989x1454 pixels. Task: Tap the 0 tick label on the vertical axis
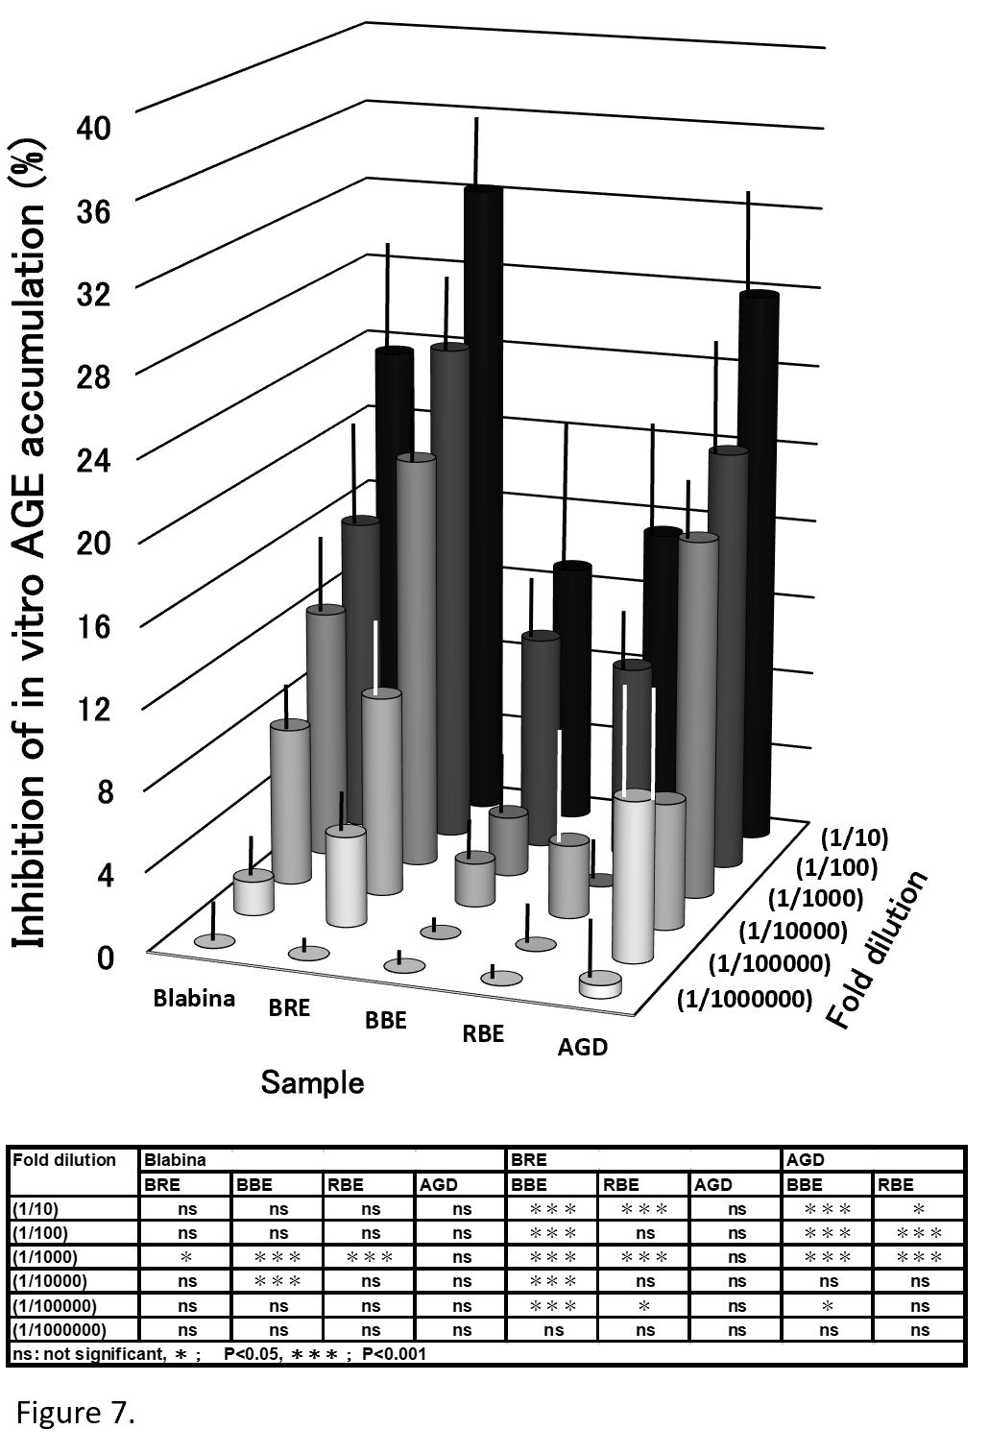click(104, 957)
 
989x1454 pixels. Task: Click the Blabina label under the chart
click(194, 998)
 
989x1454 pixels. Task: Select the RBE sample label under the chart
click(483, 1033)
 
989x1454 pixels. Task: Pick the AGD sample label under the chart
click(583, 1047)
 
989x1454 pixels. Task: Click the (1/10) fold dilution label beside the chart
click(855, 837)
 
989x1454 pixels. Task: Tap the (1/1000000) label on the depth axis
click(745, 999)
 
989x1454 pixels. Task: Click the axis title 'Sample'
click(312, 1083)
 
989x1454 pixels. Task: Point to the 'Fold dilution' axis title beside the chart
click(878, 949)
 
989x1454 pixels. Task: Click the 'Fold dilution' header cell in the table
click(64, 1159)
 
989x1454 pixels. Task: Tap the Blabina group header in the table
click(175, 1159)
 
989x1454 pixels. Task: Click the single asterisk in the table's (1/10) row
click(919, 1209)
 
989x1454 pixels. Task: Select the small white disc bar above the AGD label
click(600, 984)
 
